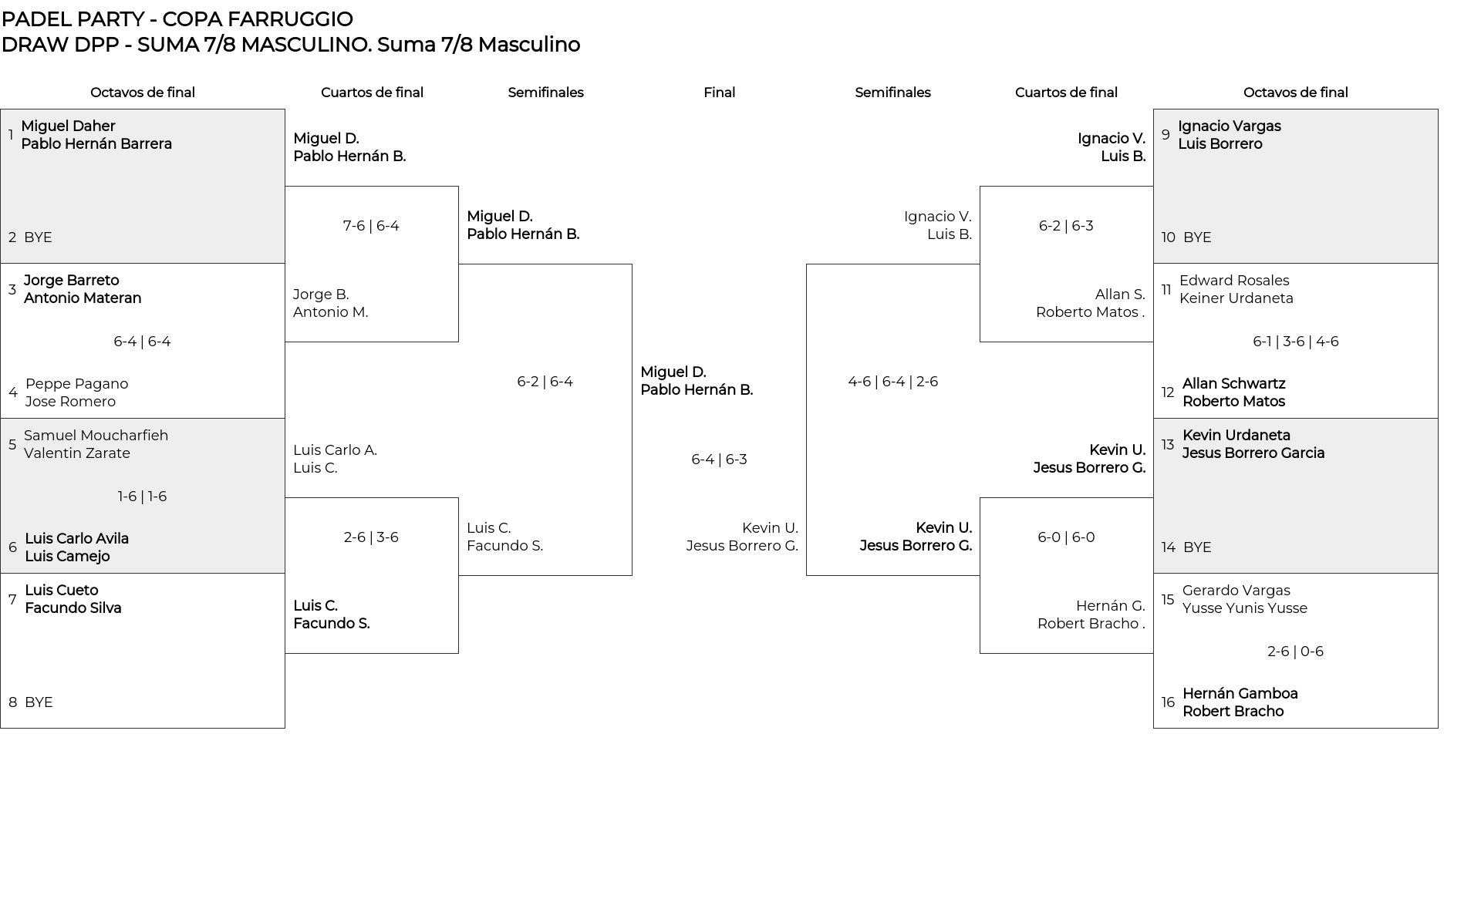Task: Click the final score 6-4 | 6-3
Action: coord(719,460)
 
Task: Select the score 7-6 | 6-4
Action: coord(371,226)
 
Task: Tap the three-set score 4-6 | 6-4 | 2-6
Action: coord(892,382)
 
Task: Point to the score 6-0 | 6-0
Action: coord(1066,537)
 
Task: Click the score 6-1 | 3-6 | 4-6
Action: coord(1295,342)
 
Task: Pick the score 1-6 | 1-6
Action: coord(142,497)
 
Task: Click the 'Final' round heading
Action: coord(719,93)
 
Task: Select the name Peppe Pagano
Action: coord(76,384)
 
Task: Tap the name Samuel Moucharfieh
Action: coord(96,436)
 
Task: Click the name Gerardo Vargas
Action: coord(1236,591)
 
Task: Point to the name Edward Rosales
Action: coord(1234,281)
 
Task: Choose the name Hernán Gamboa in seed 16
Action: coord(1240,694)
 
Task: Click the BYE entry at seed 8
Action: coord(39,702)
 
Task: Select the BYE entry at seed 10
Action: coord(1197,237)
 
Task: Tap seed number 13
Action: coord(1168,445)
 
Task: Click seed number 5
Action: coord(12,445)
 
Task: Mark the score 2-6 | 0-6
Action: coord(1295,652)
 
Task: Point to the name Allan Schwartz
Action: coord(1233,384)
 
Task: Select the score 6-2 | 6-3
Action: coord(1066,226)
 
